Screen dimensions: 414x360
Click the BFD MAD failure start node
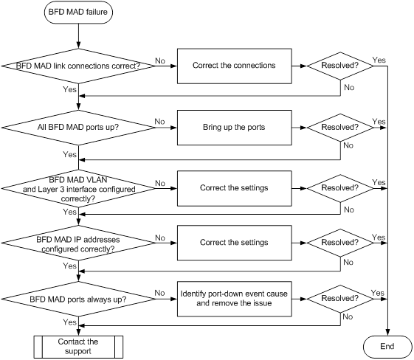point(78,12)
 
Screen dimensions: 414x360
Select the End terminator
point(387,347)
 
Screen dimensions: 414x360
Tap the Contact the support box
point(78,347)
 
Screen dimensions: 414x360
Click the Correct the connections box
point(235,66)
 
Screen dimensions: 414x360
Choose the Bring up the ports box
point(235,128)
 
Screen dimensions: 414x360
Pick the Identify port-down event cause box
point(235,299)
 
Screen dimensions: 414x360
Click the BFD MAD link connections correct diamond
point(78,66)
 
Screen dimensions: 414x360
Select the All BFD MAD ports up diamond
point(78,128)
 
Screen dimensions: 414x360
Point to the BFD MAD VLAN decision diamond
point(78,188)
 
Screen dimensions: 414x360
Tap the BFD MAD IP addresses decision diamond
point(78,243)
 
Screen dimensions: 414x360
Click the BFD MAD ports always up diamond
point(78,299)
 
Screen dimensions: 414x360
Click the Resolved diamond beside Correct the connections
point(340,66)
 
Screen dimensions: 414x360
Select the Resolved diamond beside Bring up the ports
point(340,128)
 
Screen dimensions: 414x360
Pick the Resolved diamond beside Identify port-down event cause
point(340,299)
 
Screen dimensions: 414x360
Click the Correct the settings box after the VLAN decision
point(235,188)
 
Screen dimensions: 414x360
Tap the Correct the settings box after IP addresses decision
point(235,243)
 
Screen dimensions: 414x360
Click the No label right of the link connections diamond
point(160,60)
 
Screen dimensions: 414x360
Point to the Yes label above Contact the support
point(69,322)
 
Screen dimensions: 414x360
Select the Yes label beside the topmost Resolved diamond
point(379,60)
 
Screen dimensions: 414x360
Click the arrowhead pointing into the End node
point(387,333)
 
